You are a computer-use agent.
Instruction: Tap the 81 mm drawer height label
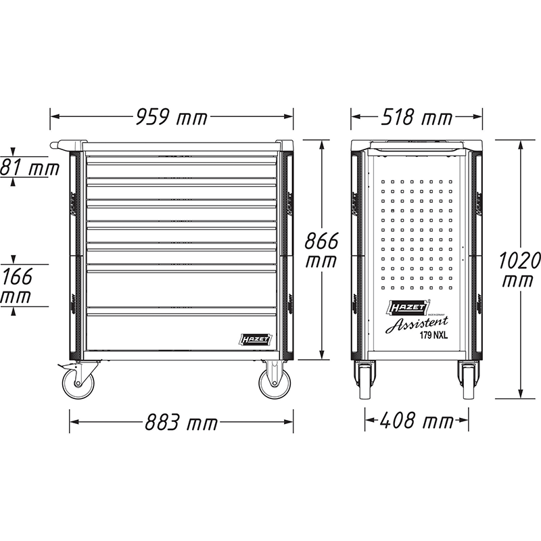[28, 166]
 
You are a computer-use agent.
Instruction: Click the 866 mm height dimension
[321, 250]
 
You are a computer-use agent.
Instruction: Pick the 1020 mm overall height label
[519, 268]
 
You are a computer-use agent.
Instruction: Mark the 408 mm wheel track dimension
[418, 423]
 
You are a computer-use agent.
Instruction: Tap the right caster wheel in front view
[274, 383]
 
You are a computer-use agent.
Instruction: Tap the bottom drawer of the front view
[181, 329]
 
